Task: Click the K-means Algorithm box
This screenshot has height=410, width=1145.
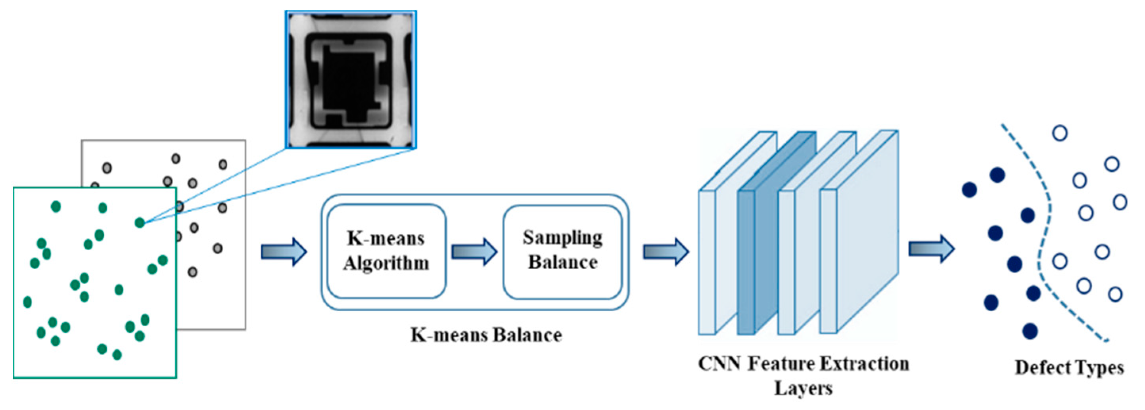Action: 386,251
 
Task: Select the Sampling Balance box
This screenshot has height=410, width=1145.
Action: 562,251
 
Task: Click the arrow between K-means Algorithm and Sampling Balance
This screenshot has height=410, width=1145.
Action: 474,252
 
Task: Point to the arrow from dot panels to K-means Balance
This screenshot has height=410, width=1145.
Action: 284,252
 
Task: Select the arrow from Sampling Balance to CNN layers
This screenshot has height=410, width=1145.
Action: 666,252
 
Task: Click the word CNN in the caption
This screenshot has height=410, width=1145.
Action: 719,364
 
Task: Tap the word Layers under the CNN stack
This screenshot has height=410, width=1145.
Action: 803,389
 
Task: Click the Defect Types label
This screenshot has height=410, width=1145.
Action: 1069,368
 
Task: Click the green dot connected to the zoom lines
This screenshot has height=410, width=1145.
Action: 140,222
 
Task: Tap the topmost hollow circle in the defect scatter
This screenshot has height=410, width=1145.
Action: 1060,133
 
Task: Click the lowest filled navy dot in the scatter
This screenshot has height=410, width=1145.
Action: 1030,331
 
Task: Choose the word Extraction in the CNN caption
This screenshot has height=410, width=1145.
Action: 864,364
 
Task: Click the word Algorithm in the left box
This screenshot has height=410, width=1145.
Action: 386,263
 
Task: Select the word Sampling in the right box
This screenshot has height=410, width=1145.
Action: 562,238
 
